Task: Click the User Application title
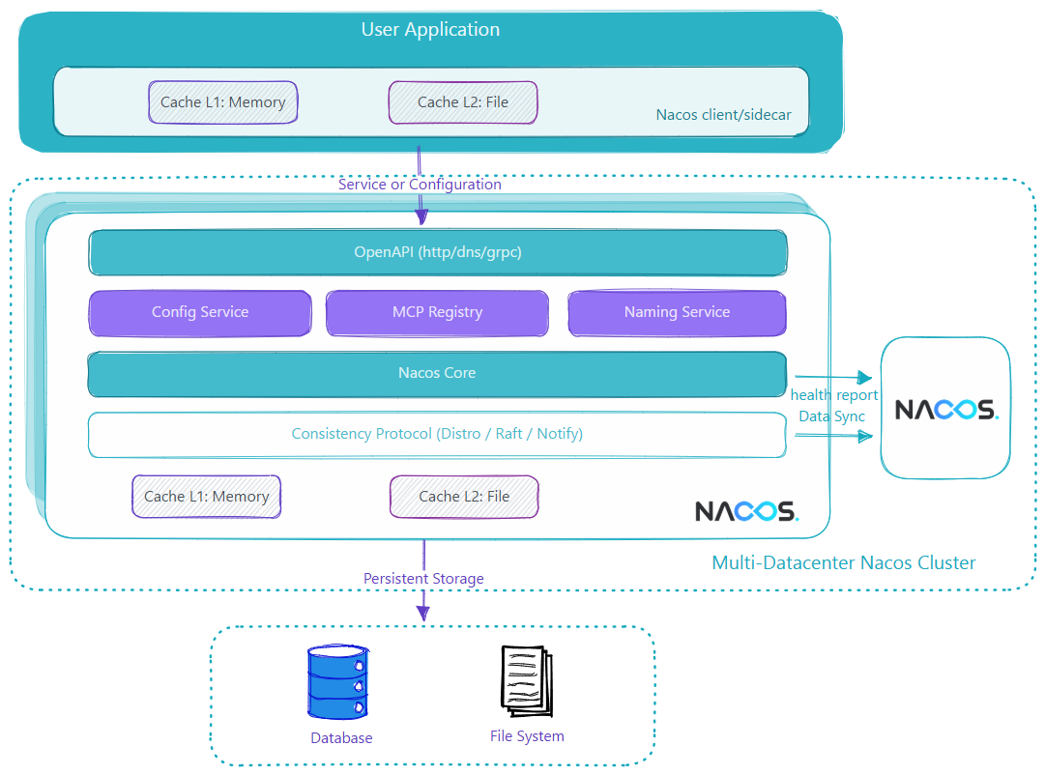[430, 30]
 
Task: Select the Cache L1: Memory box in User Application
[223, 101]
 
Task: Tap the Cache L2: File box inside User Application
[463, 101]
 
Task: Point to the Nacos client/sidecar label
[723, 115]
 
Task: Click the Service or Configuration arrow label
[420, 184]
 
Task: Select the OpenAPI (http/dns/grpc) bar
[438, 253]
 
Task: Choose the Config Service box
[200, 312]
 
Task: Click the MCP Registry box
[437, 312]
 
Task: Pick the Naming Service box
[677, 312]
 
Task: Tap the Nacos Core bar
[437, 373]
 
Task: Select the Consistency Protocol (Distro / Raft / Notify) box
[437, 434]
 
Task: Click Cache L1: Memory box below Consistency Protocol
[206, 496]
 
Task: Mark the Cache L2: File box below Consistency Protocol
[464, 496]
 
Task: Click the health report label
[834, 395]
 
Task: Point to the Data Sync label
[831, 416]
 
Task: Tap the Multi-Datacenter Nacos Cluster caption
[844, 562]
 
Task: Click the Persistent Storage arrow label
[423, 579]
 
